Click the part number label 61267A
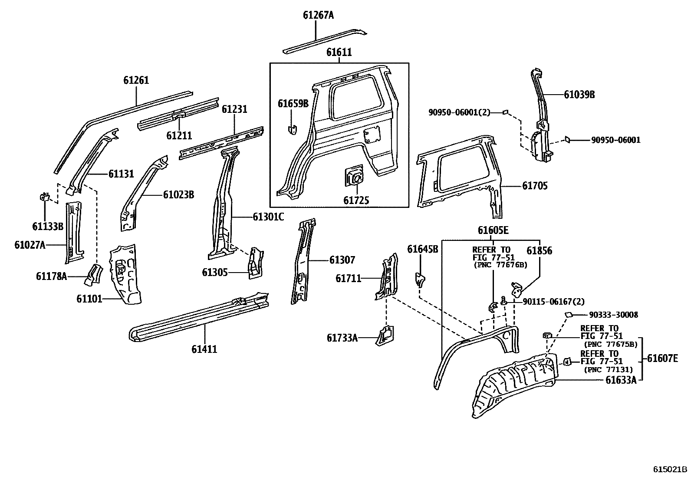318,16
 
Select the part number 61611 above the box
339,53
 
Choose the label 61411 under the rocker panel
204,349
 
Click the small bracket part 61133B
44,197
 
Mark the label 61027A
30,245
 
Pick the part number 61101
89,299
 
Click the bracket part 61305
255,263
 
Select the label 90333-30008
613,315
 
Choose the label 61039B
579,95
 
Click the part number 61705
535,186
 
